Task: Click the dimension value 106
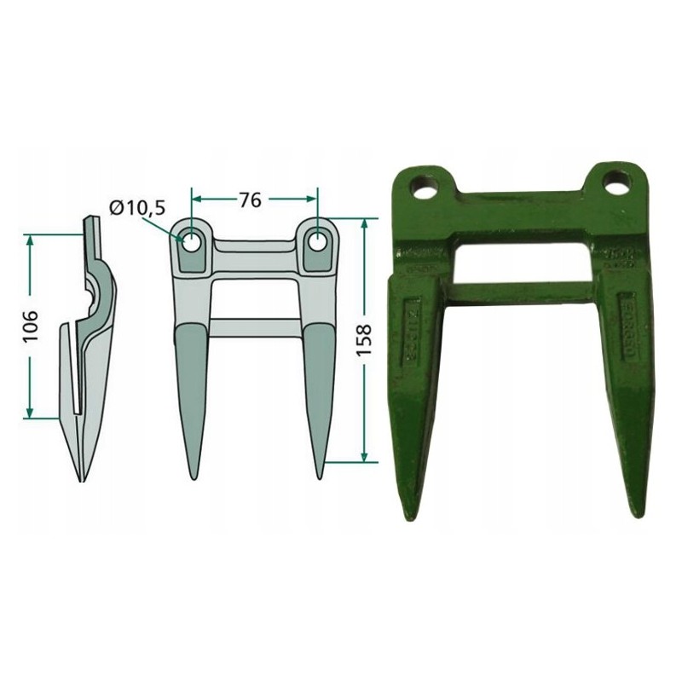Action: click(29, 324)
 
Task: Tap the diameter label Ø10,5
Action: click(136, 207)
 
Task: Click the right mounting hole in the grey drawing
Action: click(319, 241)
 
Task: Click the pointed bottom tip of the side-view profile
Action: click(83, 479)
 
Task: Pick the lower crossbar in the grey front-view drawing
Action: click(255, 327)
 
